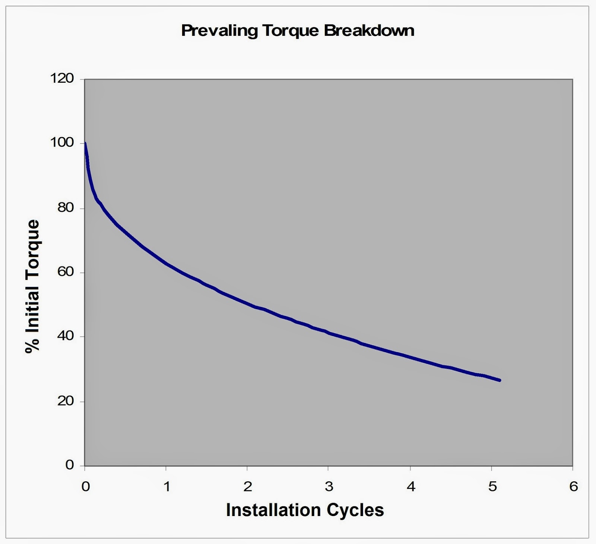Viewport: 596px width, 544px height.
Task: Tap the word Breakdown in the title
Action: pyautogui.click(x=369, y=30)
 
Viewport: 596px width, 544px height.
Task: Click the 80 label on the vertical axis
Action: pyautogui.click(x=66, y=208)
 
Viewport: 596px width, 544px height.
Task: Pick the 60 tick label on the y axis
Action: pyautogui.click(x=66, y=272)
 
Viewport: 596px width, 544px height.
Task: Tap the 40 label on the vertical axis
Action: pyautogui.click(x=66, y=336)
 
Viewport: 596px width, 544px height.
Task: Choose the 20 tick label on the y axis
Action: pyautogui.click(x=66, y=401)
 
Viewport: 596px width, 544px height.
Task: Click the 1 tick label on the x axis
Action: pyautogui.click(x=167, y=486)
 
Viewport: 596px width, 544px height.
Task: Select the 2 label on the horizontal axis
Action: pyautogui.click(x=248, y=486)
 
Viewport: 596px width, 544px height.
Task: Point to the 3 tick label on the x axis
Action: pyautogui.click(x=329, y=486)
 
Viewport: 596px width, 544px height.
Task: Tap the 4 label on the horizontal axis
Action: pyautogui.click(x=410, y=486)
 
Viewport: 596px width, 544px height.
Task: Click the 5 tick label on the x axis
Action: pyautogui.click(x=492, y=486)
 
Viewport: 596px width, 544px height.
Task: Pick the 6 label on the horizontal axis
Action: pyautogui.click(x=573, y=486)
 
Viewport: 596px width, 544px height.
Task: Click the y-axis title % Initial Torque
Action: pyautogui.click(x=32, y=286)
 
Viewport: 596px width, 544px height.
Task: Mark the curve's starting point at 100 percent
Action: pyautogui.click(x=85, y=144)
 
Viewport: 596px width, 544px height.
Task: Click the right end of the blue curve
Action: pyautogui.click(x=500, y=380)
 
